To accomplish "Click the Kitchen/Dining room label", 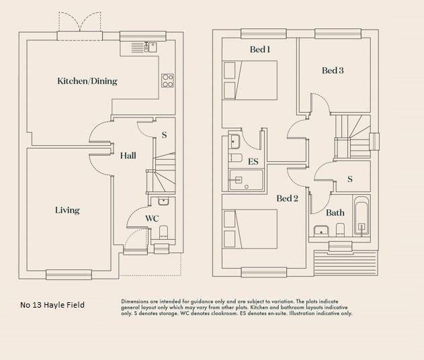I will pyautogui.click(x=87, y=81).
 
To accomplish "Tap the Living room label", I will pyautogui.click(x=67, y=210).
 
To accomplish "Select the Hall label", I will pyautogui.click(x=128, y=156).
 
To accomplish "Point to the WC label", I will pyautogui.click(x=152, y=218).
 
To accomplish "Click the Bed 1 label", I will pyautogui.click(x=260, y=49).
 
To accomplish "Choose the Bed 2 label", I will pyautogui.click(x=287, y=198).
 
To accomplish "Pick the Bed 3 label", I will pyautogui.click(x=333, y=71).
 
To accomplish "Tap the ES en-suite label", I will pyautogui.click(x=253, y=162).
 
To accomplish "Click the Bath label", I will pyautogui.click(x=335, y=213).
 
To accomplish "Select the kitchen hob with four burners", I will pyautogui.click(x=167, y=81).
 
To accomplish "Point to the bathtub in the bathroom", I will pyautogui.click(x=362, y=217).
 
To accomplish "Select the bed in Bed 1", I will pyautogui.click(x=250, y=81).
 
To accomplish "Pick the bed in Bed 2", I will pyautogui.click(x=250, y=229).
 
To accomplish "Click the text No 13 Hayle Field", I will pyautogui.click(x=52, y=306).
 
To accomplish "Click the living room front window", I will pyautogui.click(x=68, y=273).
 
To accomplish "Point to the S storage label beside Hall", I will pyautogui.click(x=164, y=135).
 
